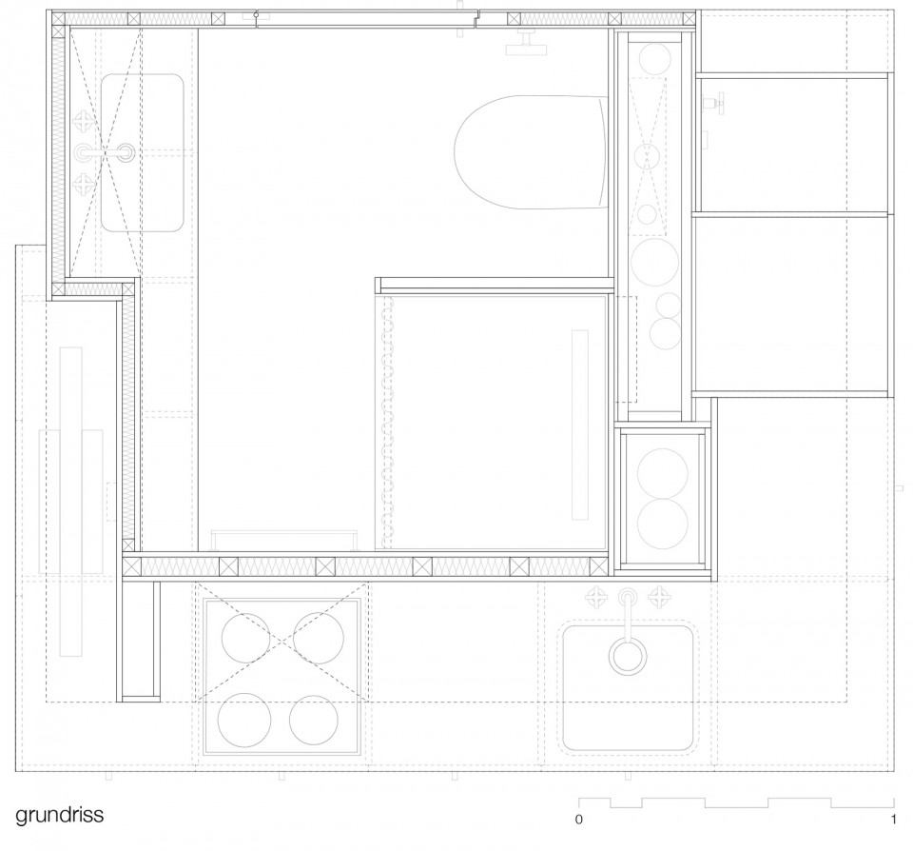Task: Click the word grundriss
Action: point(59,814)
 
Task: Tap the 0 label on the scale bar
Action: point(579,819)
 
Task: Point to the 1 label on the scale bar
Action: point(893,819)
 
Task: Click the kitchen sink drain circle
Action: point(628,656)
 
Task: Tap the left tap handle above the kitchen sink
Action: point(596,598)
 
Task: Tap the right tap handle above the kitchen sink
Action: point(661,598)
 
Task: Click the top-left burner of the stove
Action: point(245,637)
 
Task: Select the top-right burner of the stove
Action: point(318,637)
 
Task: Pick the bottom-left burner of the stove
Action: point(244,720)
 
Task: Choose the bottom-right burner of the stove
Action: point(315,720)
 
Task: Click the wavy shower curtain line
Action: point(387,422)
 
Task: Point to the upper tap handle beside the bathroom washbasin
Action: point(81,121)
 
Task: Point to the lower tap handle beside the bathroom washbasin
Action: point(81,184)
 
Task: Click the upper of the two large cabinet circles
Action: point(663,473)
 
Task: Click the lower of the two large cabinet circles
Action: point(663,524)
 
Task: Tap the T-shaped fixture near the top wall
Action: point(526,44)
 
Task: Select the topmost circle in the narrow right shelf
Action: point(655,59)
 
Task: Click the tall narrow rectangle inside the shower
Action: point(580,425)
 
